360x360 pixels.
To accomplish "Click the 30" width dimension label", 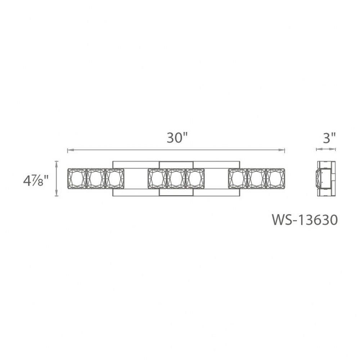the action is point(177,138).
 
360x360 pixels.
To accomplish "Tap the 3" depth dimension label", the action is point(329,138).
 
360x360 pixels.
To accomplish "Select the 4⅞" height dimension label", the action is point(36,181).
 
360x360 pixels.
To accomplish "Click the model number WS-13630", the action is point(305,220).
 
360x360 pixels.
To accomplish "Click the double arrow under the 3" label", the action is point(326,149).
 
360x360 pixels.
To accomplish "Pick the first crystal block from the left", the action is point(77,179).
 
